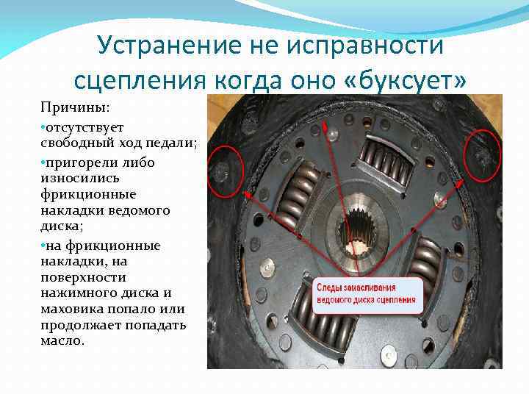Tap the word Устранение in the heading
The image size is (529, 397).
[169, 46]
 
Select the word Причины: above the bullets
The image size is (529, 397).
[75, 108]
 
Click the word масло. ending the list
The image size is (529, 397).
[62, 340]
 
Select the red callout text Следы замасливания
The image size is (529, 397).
[356, 288]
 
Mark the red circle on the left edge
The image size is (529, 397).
[226, 171]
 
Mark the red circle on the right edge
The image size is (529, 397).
[482, 155]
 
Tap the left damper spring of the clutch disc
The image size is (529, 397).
[296, 196]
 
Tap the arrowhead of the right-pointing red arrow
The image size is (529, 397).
[459, 184]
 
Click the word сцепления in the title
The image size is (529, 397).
[140, 80]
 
